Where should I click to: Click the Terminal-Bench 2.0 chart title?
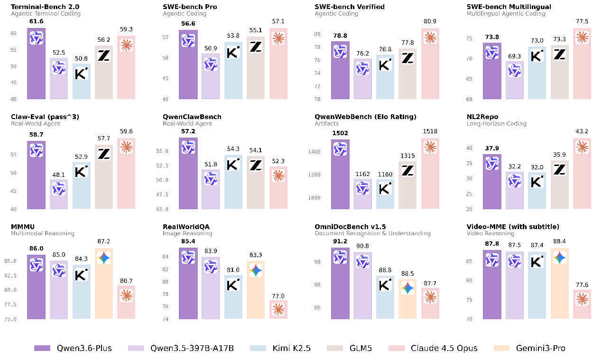coord(38,7)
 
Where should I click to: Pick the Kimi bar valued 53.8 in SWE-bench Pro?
coord(233,71)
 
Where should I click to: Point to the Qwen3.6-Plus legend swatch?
coord(42,348)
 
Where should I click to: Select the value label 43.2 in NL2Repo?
coord(582,132)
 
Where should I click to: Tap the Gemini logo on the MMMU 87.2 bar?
coord(104,258)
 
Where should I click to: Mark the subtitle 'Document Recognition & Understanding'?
coord(372,233)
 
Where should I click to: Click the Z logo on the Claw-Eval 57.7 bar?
coord(104,154)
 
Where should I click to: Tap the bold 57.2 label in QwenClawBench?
coord(188,132)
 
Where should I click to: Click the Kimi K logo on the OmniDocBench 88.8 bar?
coord(385,285)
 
